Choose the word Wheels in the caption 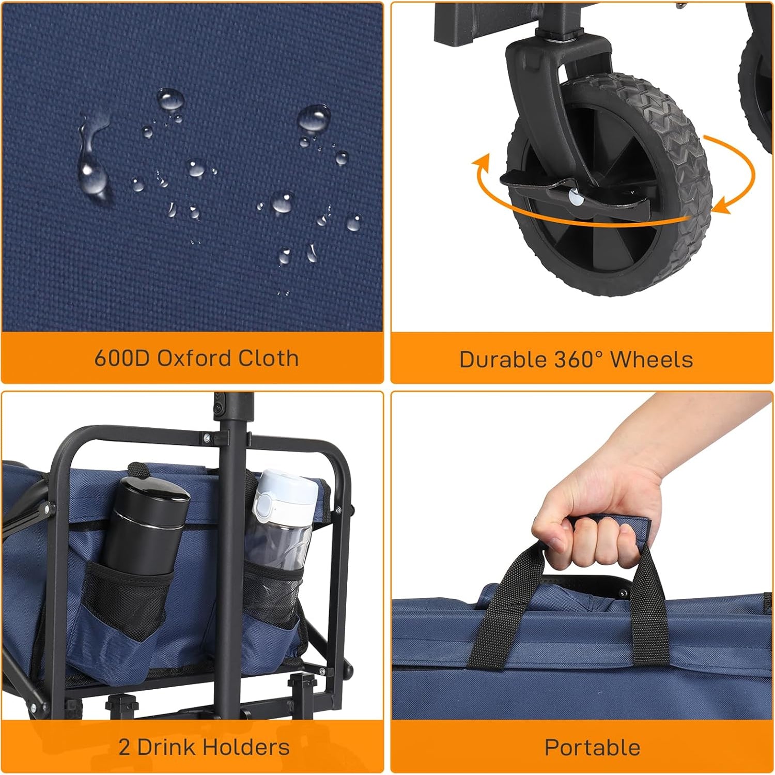pos(652,360)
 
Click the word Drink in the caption pos(165,747)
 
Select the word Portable pos(593,748)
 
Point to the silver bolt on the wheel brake pos(574,195)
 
